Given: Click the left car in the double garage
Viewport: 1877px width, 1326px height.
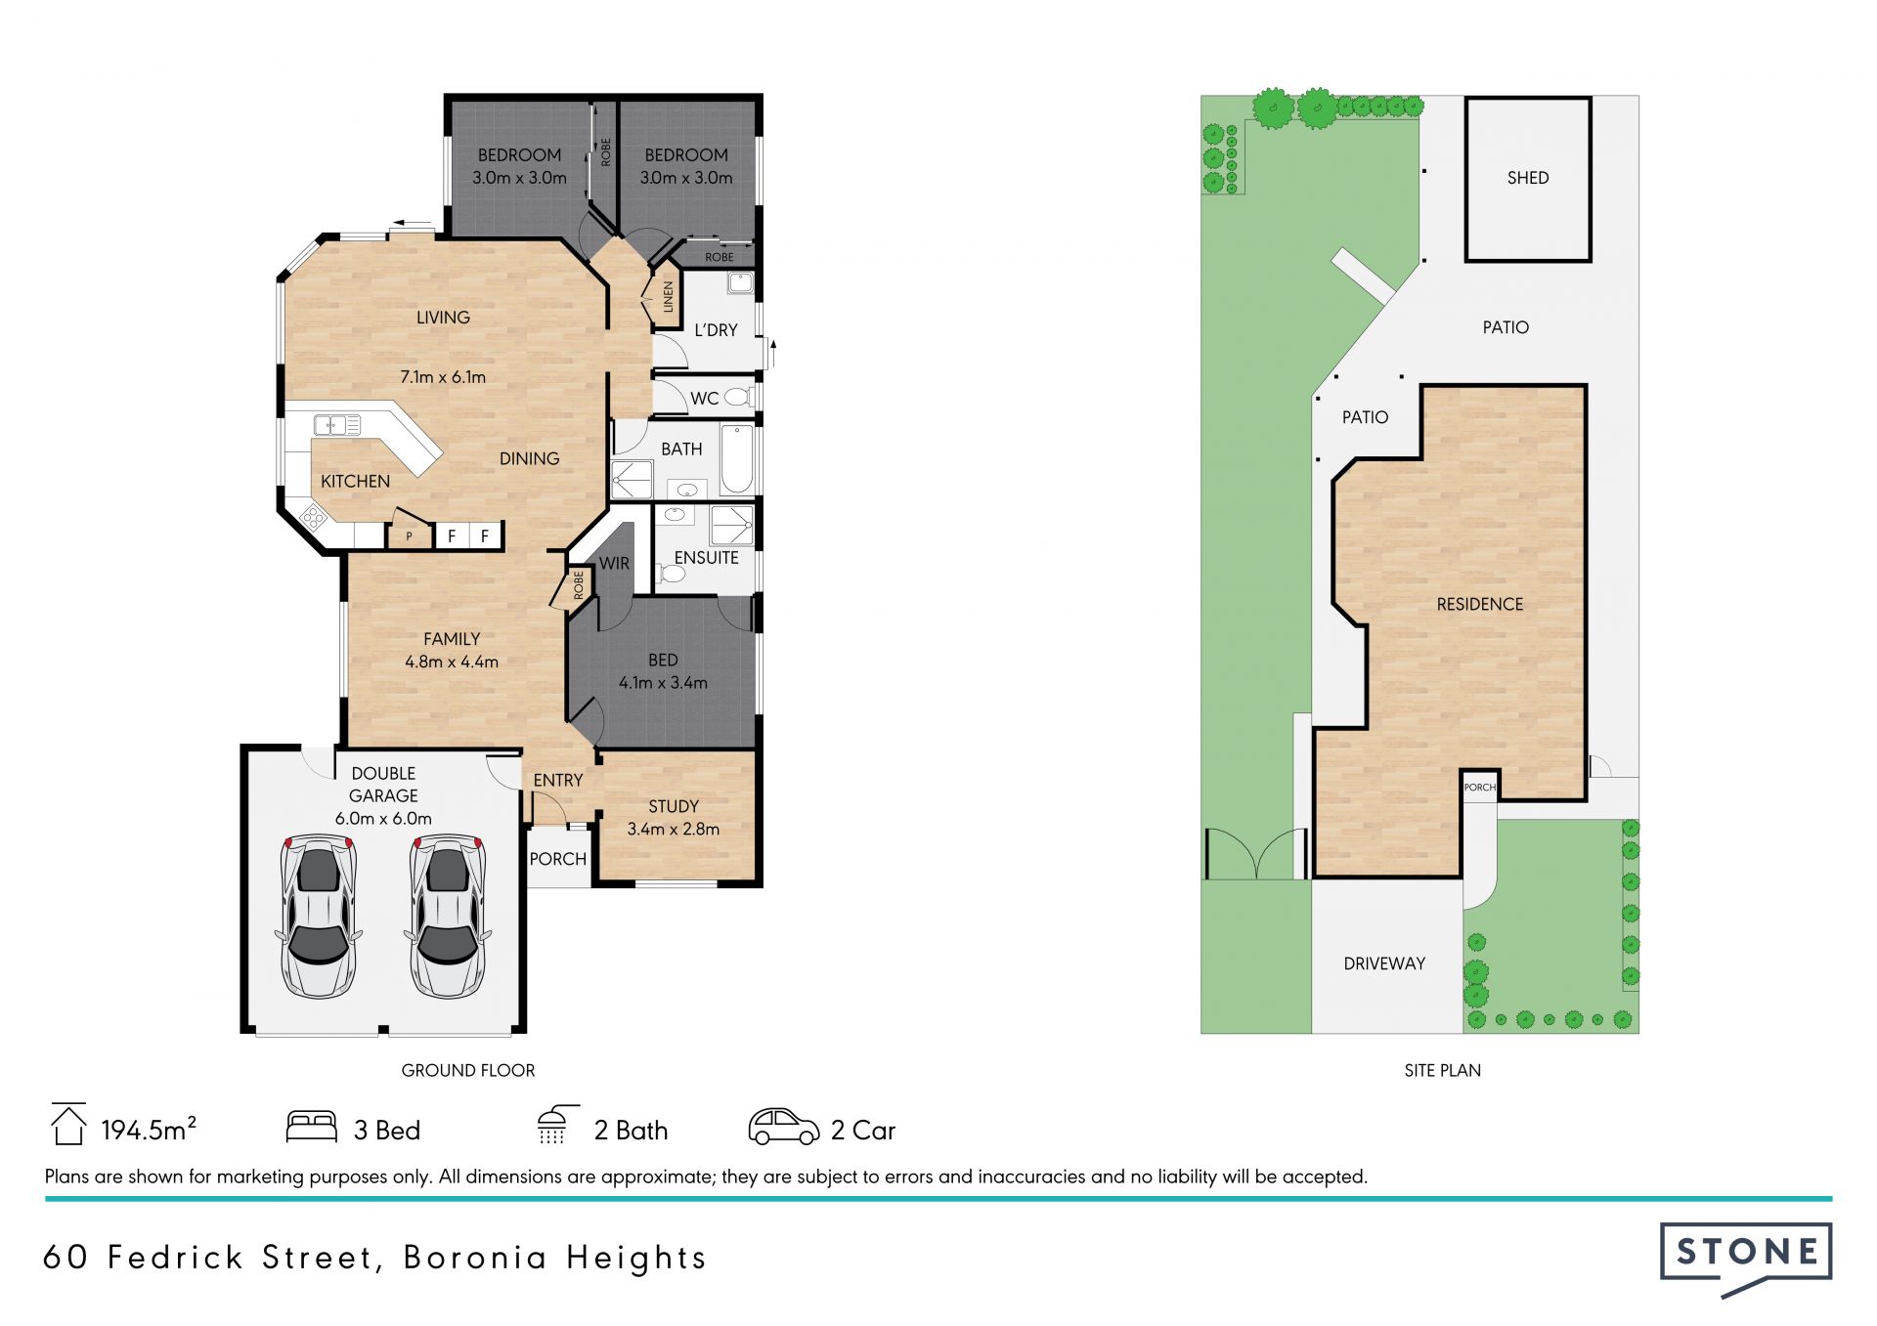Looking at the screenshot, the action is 318,916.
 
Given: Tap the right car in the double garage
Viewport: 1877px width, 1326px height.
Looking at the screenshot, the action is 448,916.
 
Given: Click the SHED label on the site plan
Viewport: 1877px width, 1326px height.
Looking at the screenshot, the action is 1528,178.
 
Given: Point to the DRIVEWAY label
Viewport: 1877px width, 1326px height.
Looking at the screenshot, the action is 1384,963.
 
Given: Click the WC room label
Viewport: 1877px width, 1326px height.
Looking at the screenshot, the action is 704,399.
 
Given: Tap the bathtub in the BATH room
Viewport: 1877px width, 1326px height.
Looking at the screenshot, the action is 736,458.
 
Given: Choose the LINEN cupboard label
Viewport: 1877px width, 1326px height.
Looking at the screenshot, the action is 669,296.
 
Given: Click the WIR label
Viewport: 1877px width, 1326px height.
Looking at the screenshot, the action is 614,564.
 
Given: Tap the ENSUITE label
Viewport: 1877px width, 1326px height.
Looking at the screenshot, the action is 706,558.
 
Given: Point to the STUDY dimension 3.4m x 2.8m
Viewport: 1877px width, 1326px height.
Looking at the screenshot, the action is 673,830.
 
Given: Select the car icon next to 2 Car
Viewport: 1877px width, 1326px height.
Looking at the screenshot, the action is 783,1127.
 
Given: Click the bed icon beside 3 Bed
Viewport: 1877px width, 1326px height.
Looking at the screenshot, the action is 311,1127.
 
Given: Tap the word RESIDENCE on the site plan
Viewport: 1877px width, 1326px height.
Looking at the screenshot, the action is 1480,605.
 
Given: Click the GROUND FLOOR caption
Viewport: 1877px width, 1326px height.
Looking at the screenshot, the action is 468,1071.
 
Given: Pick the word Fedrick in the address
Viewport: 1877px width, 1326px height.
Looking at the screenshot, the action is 175,1258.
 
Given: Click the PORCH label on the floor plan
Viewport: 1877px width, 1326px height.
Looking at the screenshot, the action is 557,859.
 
